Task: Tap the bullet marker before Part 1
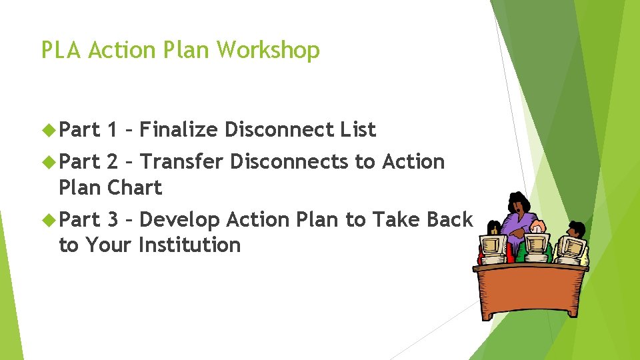click(49, 129)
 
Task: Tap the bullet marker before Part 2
click(49, 162)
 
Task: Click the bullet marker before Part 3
click(49, 219)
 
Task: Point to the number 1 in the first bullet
click(112, 129)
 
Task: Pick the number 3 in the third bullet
click(113, 219)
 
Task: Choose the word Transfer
click(183, 162)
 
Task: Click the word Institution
click(189, 245)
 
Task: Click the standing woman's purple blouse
click(517, 224)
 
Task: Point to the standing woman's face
click(518, 203)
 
